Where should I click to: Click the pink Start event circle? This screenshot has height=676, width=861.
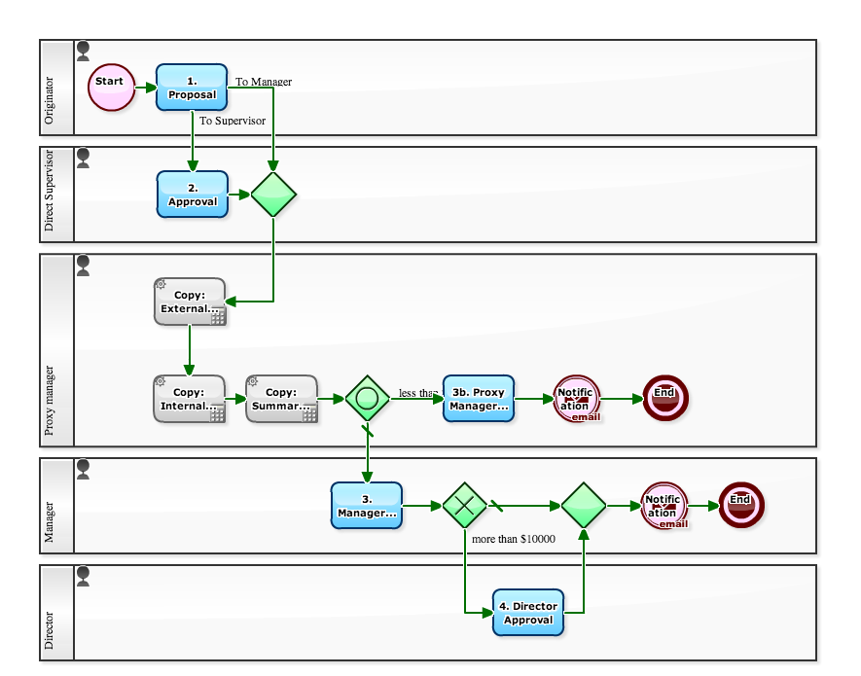pos(110,88)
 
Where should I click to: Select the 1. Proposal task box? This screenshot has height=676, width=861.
pos(192,88)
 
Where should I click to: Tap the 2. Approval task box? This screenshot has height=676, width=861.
pos(193,195)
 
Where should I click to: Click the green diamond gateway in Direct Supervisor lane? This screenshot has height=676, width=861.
pos(273,195)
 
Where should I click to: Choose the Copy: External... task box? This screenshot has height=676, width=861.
pos(190,302)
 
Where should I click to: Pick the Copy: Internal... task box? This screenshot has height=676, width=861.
pos(189,399)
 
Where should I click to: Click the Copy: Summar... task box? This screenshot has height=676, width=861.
pos(282,399)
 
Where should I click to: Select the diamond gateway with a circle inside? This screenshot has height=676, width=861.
pos(368,399)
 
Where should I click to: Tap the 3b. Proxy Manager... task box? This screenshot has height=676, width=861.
pos(479,399)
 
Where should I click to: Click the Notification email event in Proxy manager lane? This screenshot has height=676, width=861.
pos(577,399)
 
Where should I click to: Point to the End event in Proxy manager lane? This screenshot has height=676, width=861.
pos(665,399)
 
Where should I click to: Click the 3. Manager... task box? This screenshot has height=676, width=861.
pos(367,505)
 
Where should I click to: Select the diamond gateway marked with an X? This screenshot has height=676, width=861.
pos(465,505)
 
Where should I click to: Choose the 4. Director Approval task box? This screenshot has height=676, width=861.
pos(528,613)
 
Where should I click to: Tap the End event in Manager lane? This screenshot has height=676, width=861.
pos(741,505)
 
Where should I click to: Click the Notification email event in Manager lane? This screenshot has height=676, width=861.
pos(664,506)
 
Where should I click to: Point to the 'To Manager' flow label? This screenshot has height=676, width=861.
pos(264,82)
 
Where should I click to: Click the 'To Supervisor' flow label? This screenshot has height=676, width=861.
pos(233,122)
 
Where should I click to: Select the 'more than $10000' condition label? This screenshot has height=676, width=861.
pos(513,538)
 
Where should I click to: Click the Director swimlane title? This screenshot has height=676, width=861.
pos(51,630)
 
